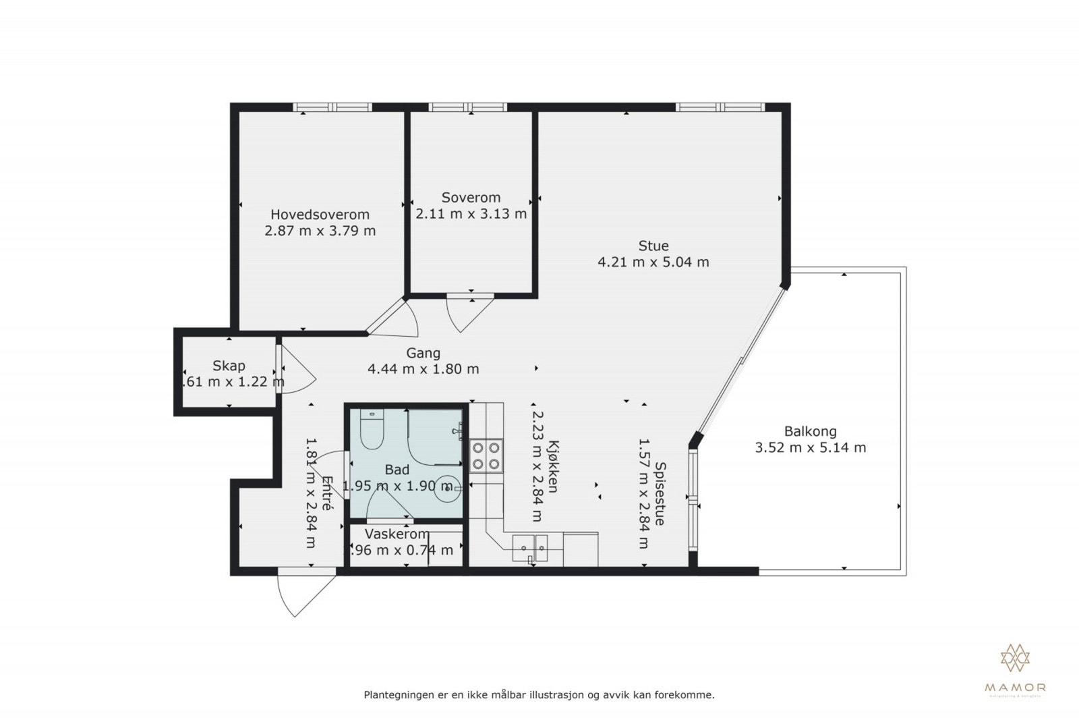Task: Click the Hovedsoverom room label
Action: pyautogui.click(x=320, y=215)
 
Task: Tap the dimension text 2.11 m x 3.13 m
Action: pyautogui.click(x=471, y=215)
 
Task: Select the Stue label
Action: pyautogui.click(x=653, y=246)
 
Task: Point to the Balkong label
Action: pyautogui.click(x=810, y=431)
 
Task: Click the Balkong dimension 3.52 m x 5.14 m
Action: pyautogui.click(x=810, y=447)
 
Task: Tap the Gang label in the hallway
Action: pyautogui.click(x=423, y=353)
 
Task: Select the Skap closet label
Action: pyautogui.click(x=229, y=366)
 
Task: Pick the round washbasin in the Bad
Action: pyautogui.click(x=446, y=488)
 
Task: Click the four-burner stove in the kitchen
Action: pyautogui.click(x=486, y=455)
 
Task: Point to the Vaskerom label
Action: pyautogui.click(x=397, y=534)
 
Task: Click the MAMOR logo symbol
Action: pyautogui.click(x=1015, y=658)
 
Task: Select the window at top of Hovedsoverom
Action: pyautogui.click(x=332, y=107)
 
